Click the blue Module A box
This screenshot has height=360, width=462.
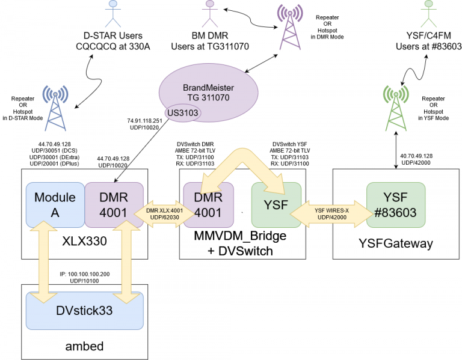point(55,205)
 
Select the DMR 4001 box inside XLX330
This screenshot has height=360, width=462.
point(114,205)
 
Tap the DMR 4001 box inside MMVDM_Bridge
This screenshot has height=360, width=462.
point(208,205)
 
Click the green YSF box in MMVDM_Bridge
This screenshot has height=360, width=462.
point(276,205)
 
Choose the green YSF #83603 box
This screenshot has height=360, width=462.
point(396,205)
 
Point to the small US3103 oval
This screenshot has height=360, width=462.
point(182,113)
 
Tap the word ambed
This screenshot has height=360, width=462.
point(84,347)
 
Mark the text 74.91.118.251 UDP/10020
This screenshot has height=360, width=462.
point(144,124)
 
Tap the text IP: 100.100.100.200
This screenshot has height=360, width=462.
point(84,273)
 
